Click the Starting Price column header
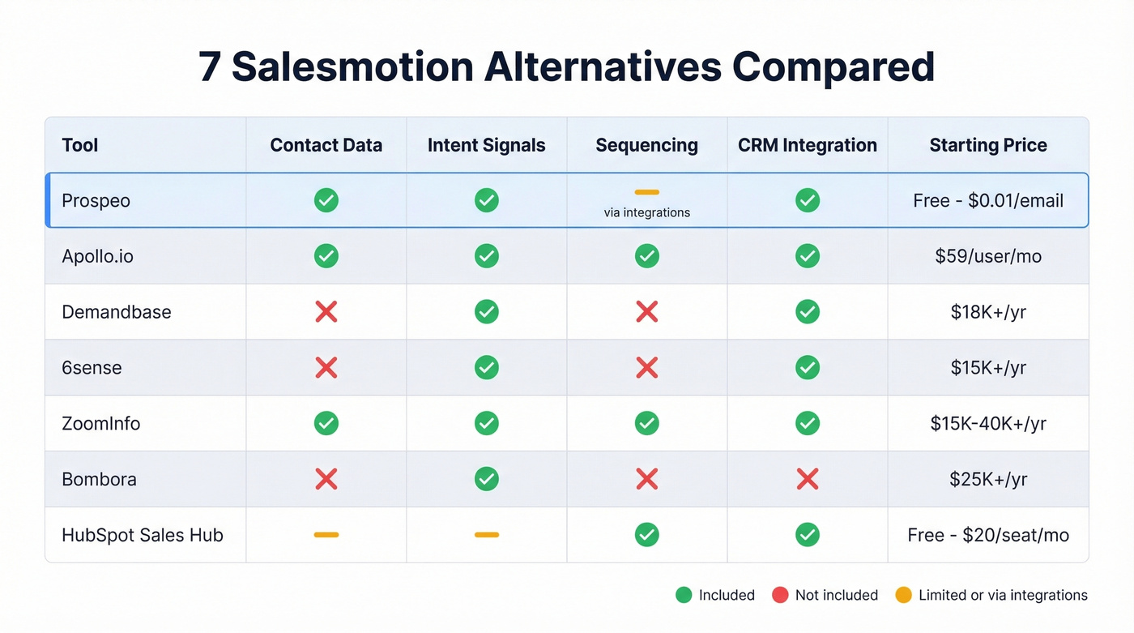pyautogui.click(x=987, y=145)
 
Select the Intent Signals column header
pyautogui.click(x=486, y=145)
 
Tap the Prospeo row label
pyautogui.click(x=96, y=200)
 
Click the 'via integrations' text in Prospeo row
pyautogui.click(x=646, y=212)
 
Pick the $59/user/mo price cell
pyautogui.click(x=987, y=256)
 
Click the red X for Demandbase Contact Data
pyautogui.click(x=326, y=312)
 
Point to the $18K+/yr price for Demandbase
pyautogui.click(x=987, y=312)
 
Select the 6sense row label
pyautogui.click(x=92, y=368)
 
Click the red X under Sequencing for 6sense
pyautogui.click(x=646, y=368)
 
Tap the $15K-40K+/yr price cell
pyautogui.click(x=987, y=423)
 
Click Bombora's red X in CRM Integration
pyautogui.click(x=807, y=479)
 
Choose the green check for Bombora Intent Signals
pyautogui.click(x=486, y=479)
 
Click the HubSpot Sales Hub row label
pyautogui.click(x=142, y=535)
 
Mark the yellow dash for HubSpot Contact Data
pyautogui.click(x=326, y=535)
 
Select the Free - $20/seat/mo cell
pyautogui.click(x=987, y=535)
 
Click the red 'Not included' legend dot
pyautogui.click(x=780, y=595)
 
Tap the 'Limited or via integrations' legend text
pyautogui.click(x=1002, y=595)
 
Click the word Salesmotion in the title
pyautogui.click(x=352, y=67)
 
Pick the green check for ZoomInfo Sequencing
pyautogui.click(x=646, y=423)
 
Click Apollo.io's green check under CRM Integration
pyautogui.click(x=807, y=256)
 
